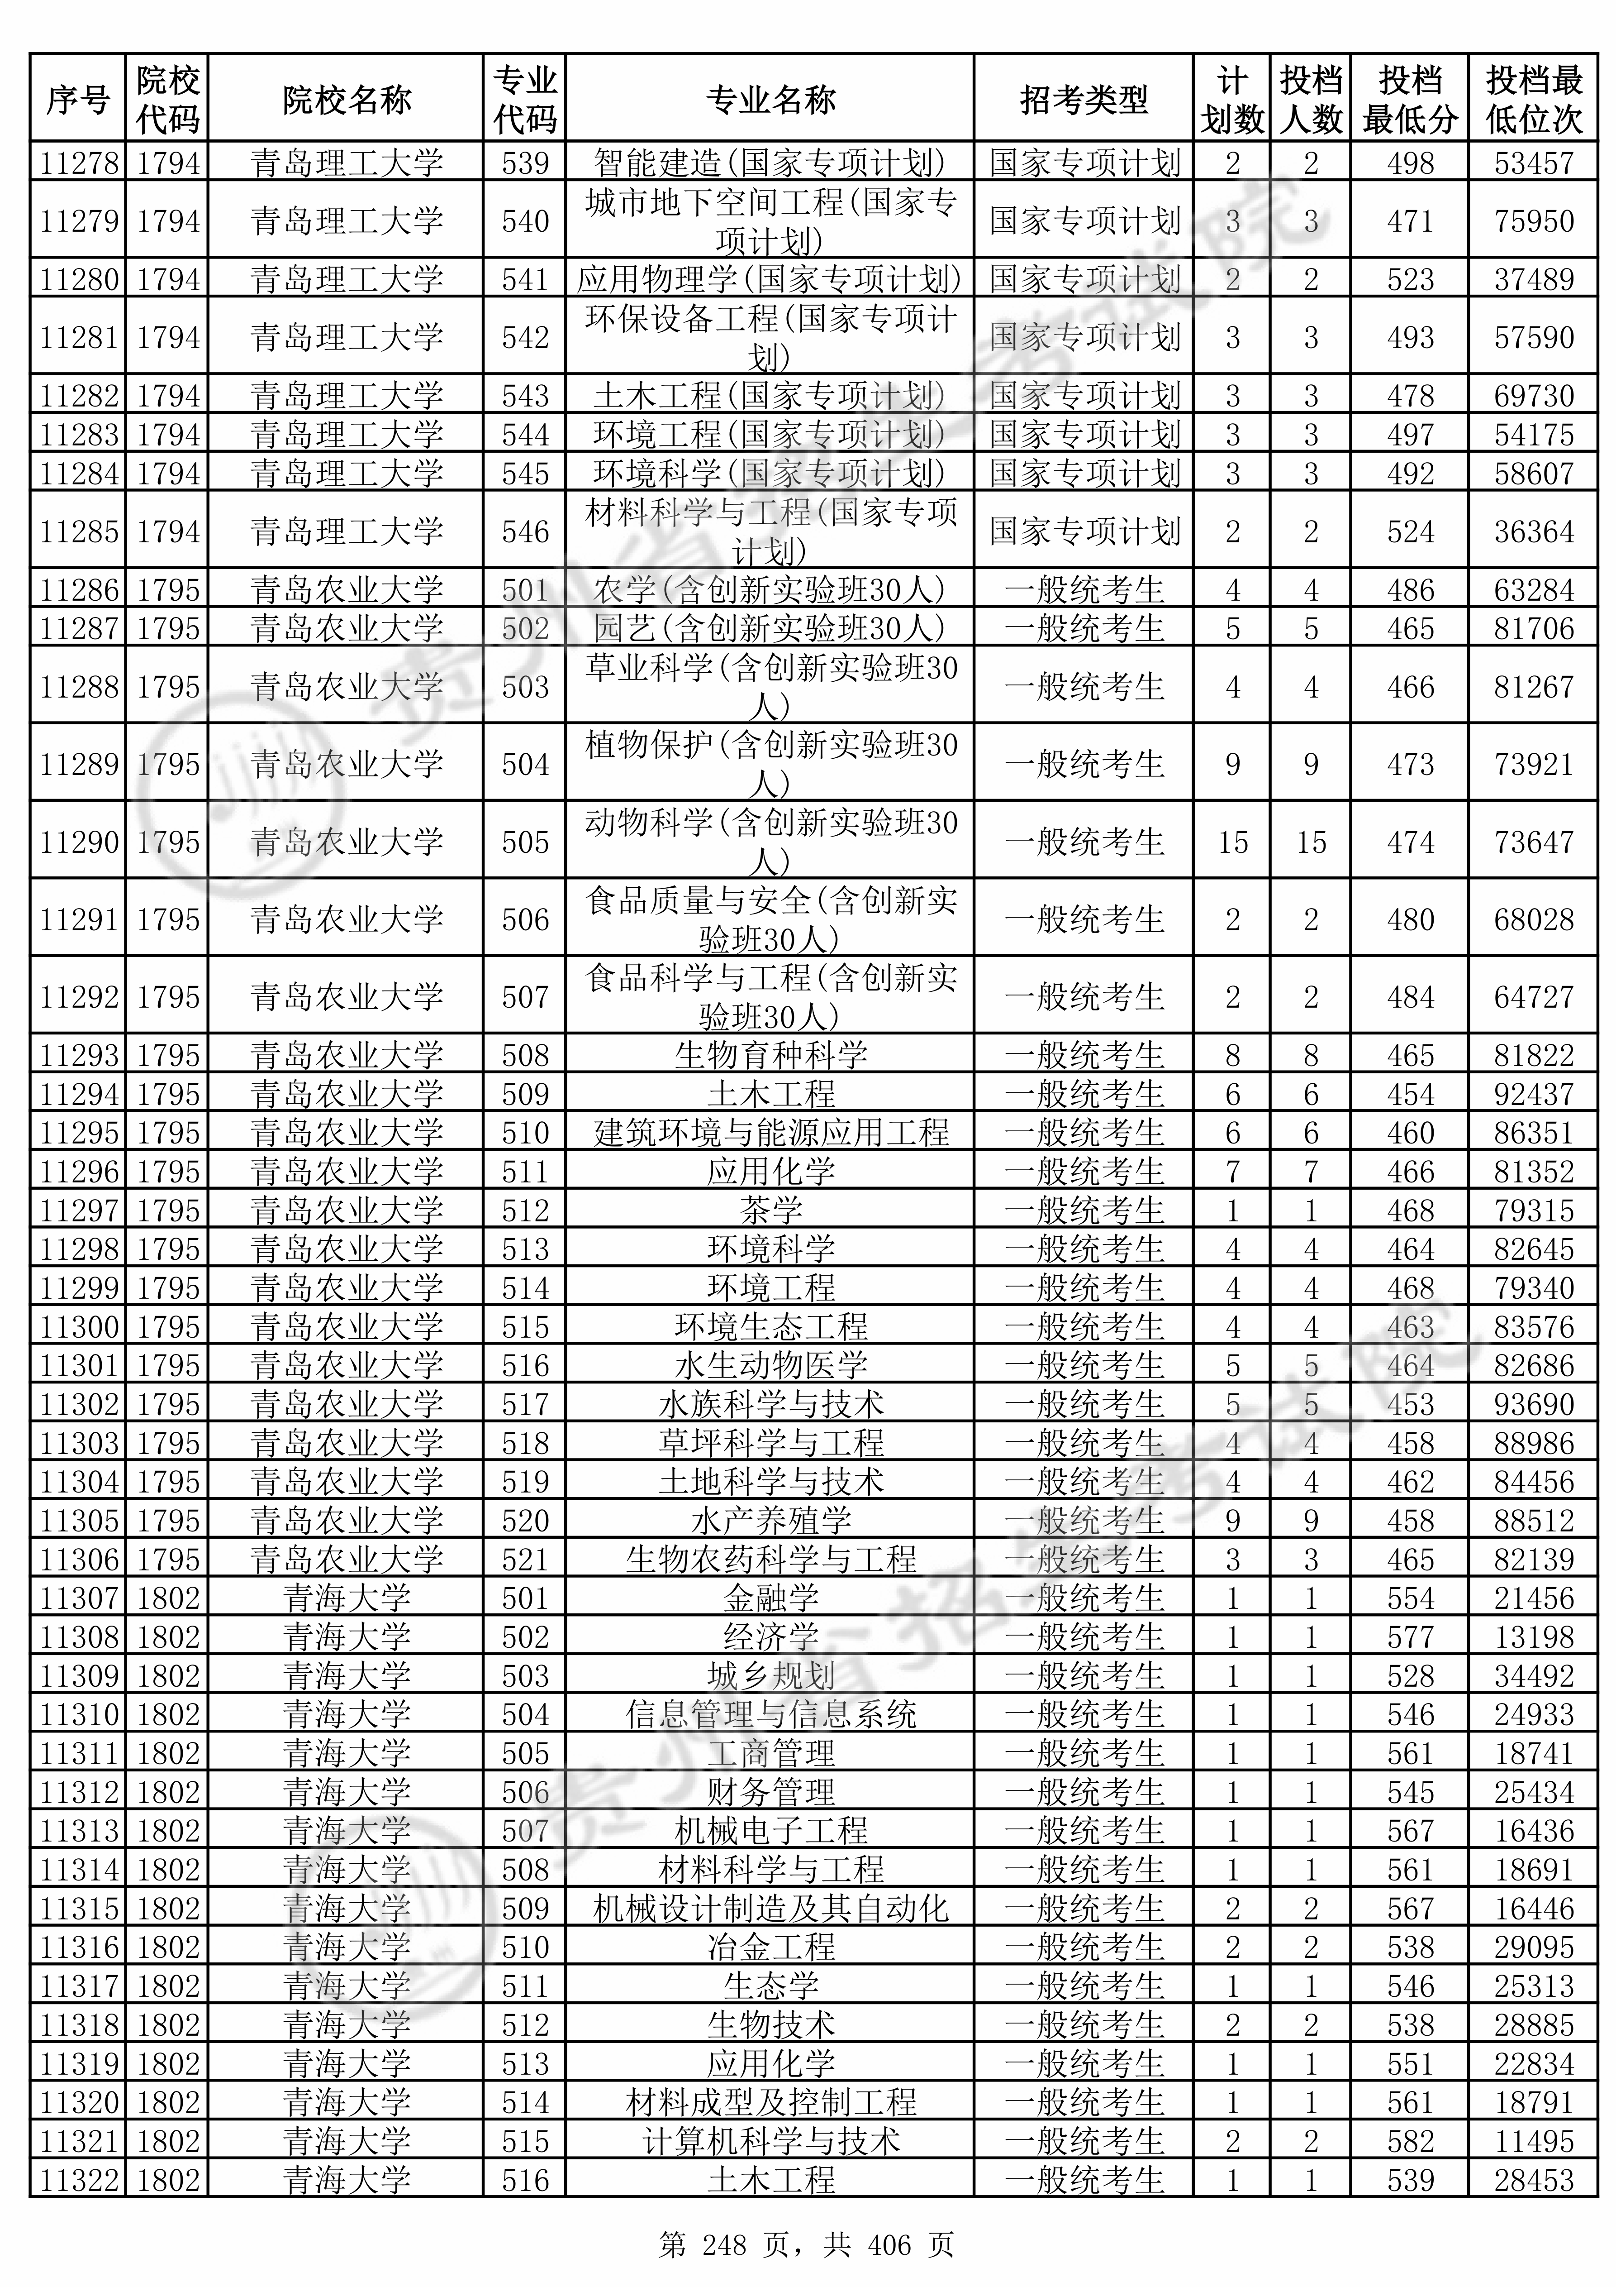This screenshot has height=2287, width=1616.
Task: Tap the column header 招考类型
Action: [x=1084, y=100]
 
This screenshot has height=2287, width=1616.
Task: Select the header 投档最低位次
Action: [x=1533, y=100]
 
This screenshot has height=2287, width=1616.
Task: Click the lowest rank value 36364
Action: [x=1533, y=532]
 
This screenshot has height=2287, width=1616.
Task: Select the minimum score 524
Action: [x=1410, y=532]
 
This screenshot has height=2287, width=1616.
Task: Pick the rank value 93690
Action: [x=1533, y=1404]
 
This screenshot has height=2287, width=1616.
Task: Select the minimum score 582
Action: [x=1410, y=2142]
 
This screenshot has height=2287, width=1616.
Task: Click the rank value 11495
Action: [x=1533, y=2142]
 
